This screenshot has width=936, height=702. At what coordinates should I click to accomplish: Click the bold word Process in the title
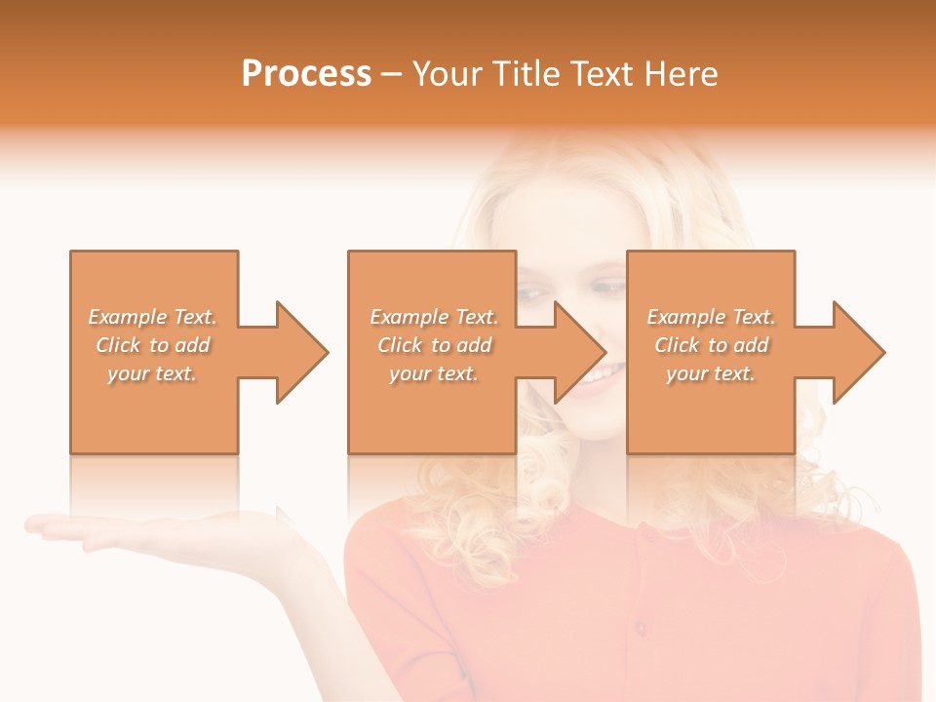[x=306, y=74]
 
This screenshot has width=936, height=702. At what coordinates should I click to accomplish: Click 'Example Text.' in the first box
[x=152, y=317]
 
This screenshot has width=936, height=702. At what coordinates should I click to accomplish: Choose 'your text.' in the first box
[x=152, y=373]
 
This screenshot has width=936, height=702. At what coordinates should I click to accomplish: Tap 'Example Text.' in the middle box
[x=434, y=317]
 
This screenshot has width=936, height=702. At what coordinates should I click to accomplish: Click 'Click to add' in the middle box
[x=434, y=345]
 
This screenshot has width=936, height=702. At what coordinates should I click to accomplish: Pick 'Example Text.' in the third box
[x=711, y=317]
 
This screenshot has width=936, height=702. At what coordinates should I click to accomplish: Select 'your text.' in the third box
[x=711, y=373]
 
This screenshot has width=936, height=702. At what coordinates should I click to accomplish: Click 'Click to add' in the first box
[x=152, y=345]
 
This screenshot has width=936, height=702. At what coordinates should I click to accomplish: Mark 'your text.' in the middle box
[x=434, y=373]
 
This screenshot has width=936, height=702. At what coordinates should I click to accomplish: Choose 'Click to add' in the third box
[x=711, y=345]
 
